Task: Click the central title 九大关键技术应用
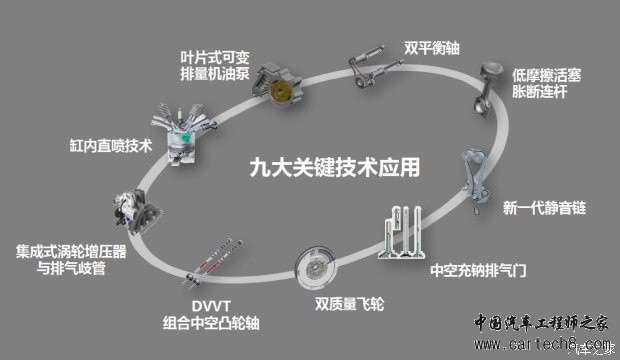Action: click(335, 167)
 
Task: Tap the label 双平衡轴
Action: click(431, 48)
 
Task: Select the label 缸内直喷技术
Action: click(111, 146)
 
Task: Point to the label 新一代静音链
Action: click(544, 208)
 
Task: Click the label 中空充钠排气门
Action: click(478, 271)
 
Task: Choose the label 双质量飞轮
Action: click(349, 304)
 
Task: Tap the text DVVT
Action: click(211, 306)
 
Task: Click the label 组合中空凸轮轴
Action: click(211, 323)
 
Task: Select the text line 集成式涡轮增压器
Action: click(71, 252)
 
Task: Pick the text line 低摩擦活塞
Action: click(546, 75)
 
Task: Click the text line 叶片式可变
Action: click(215, 58)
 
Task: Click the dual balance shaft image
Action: click(374, 66)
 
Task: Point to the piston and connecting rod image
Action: click(489, 89)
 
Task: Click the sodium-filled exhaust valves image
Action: click(400, 233)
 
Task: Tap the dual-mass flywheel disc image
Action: click(316, 268)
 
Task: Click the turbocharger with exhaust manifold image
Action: click(136, 212)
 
